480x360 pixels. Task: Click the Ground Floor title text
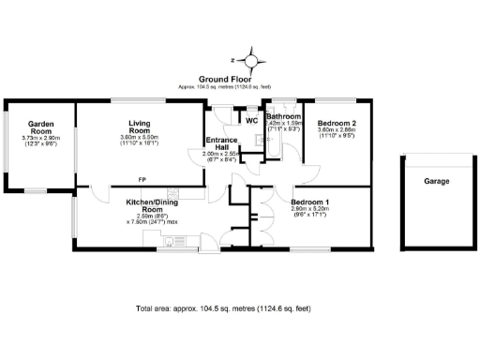point(225,80)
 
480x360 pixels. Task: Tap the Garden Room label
point(40,127)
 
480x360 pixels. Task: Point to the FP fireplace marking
point(142,179)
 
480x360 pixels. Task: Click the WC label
point(251,120)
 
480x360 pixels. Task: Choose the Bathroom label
point(282,117)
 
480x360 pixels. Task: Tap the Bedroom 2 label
point(337,124)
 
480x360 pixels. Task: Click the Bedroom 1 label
point(309,202)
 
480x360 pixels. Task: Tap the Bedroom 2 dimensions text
point(337,136)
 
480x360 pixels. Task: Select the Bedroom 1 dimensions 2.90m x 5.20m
point(309,214)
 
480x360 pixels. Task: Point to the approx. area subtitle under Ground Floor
point(225,87)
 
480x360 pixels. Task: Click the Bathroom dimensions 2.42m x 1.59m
point(283,127)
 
